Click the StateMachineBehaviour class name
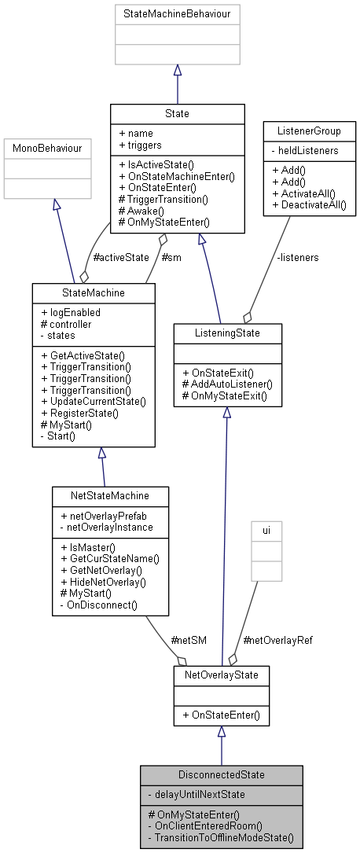coord(177,14)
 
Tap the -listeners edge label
coord(297,256)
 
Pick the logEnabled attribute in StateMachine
coord(74,312)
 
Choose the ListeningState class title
coord(226,334)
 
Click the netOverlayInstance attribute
coord(104,527)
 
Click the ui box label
coord(266,531)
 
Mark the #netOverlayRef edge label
coord(277,640)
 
